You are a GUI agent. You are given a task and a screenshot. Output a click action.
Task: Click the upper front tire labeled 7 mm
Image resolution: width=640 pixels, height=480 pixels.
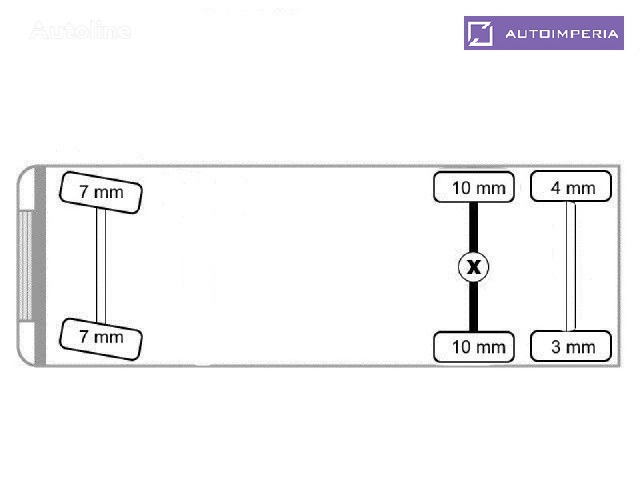[x=101, y=192]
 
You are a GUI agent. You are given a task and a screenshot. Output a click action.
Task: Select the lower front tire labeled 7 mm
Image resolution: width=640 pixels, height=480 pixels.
[x=101, y=339]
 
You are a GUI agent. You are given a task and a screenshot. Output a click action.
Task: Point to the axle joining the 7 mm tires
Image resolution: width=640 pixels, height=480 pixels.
[x=101, y=266]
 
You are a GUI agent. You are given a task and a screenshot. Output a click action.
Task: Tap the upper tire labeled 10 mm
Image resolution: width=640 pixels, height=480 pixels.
[x=474, y=187]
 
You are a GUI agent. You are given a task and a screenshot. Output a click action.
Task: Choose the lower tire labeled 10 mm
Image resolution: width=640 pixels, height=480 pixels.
[x=474, y=347]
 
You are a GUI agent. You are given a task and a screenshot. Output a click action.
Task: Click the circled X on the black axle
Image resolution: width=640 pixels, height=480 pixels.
[x=474, y=267]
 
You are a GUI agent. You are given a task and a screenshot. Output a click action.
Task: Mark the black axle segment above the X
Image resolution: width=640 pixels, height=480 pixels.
[x=474, y=227]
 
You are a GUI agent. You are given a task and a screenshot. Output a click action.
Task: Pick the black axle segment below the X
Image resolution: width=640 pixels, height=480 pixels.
[x=474, y=306]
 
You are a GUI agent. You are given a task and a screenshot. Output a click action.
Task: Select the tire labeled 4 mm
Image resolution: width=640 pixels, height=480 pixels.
[x=570, y=186]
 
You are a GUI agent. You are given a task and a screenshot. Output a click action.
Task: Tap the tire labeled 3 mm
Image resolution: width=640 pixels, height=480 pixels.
[x=570, y=346]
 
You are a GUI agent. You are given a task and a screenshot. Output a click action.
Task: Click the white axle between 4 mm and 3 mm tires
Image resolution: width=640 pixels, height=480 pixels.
[x=570, y=266]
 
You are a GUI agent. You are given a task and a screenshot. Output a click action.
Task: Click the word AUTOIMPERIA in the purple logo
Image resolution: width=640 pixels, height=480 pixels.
[x=562, y=34]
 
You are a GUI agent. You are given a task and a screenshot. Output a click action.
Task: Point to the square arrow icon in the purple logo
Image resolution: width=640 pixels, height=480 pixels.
[x=480, y=33]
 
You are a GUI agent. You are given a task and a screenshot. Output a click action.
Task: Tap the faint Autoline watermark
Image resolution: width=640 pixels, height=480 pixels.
[x=81, y=30]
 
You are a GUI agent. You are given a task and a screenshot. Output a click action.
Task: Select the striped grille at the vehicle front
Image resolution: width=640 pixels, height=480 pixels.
[x=26, y=266]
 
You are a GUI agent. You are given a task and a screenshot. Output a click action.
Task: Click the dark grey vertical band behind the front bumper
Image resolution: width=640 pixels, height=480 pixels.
[x=40, y=266]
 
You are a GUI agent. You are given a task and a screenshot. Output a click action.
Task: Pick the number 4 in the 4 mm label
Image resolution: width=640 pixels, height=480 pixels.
[x=555, y=188]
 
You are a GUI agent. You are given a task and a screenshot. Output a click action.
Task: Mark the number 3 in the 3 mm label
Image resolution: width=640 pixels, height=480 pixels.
[x=555, y=347]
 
